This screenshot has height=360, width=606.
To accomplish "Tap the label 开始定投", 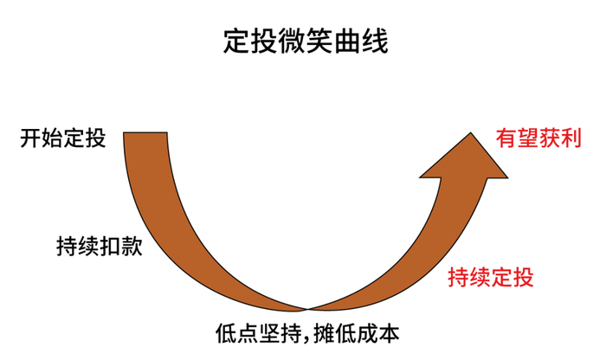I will [62, 138].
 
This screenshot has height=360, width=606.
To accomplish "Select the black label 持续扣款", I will [98, 246].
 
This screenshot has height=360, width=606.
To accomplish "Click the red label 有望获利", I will [538, 138].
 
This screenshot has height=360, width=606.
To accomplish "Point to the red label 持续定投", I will [491, 278].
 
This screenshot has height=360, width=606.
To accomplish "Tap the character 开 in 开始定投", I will [29, 138].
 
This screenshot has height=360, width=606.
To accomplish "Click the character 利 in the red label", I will [571, 138].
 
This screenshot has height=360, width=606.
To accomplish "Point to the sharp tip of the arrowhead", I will [472, 132].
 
